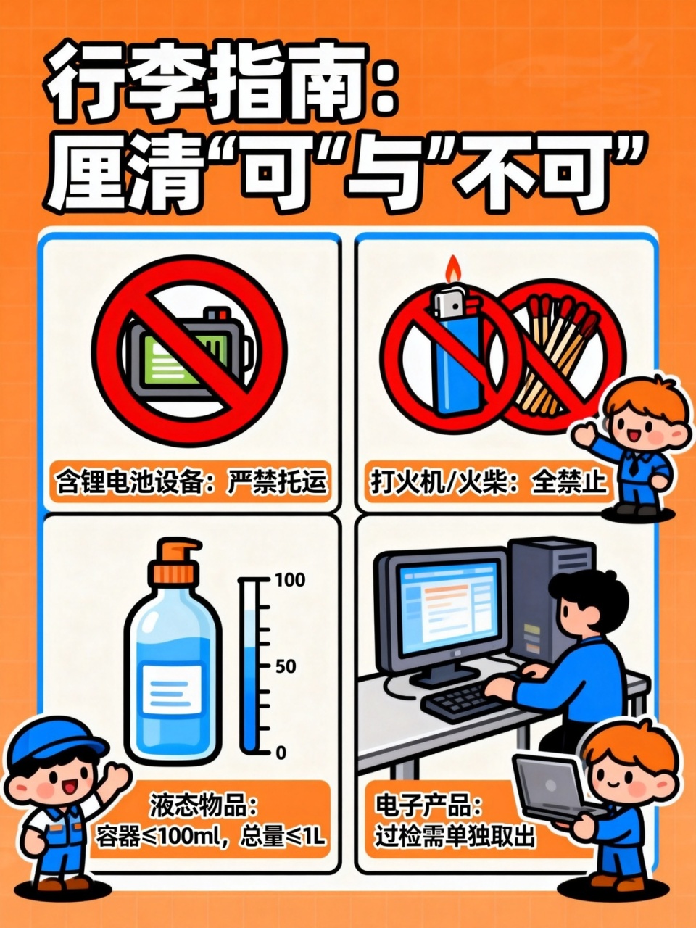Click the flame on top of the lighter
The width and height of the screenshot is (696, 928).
[453, 270]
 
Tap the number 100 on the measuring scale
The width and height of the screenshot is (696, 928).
[290, 580]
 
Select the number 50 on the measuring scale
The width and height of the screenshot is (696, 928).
[286, 666]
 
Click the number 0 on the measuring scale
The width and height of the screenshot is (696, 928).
[281, 753]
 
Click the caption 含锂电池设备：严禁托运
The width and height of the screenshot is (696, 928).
[191, 481]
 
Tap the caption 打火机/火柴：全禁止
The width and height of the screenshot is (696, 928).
[489, 481]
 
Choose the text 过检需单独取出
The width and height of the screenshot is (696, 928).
[455, 837]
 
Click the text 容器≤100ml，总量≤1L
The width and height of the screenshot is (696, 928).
[210, 837]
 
